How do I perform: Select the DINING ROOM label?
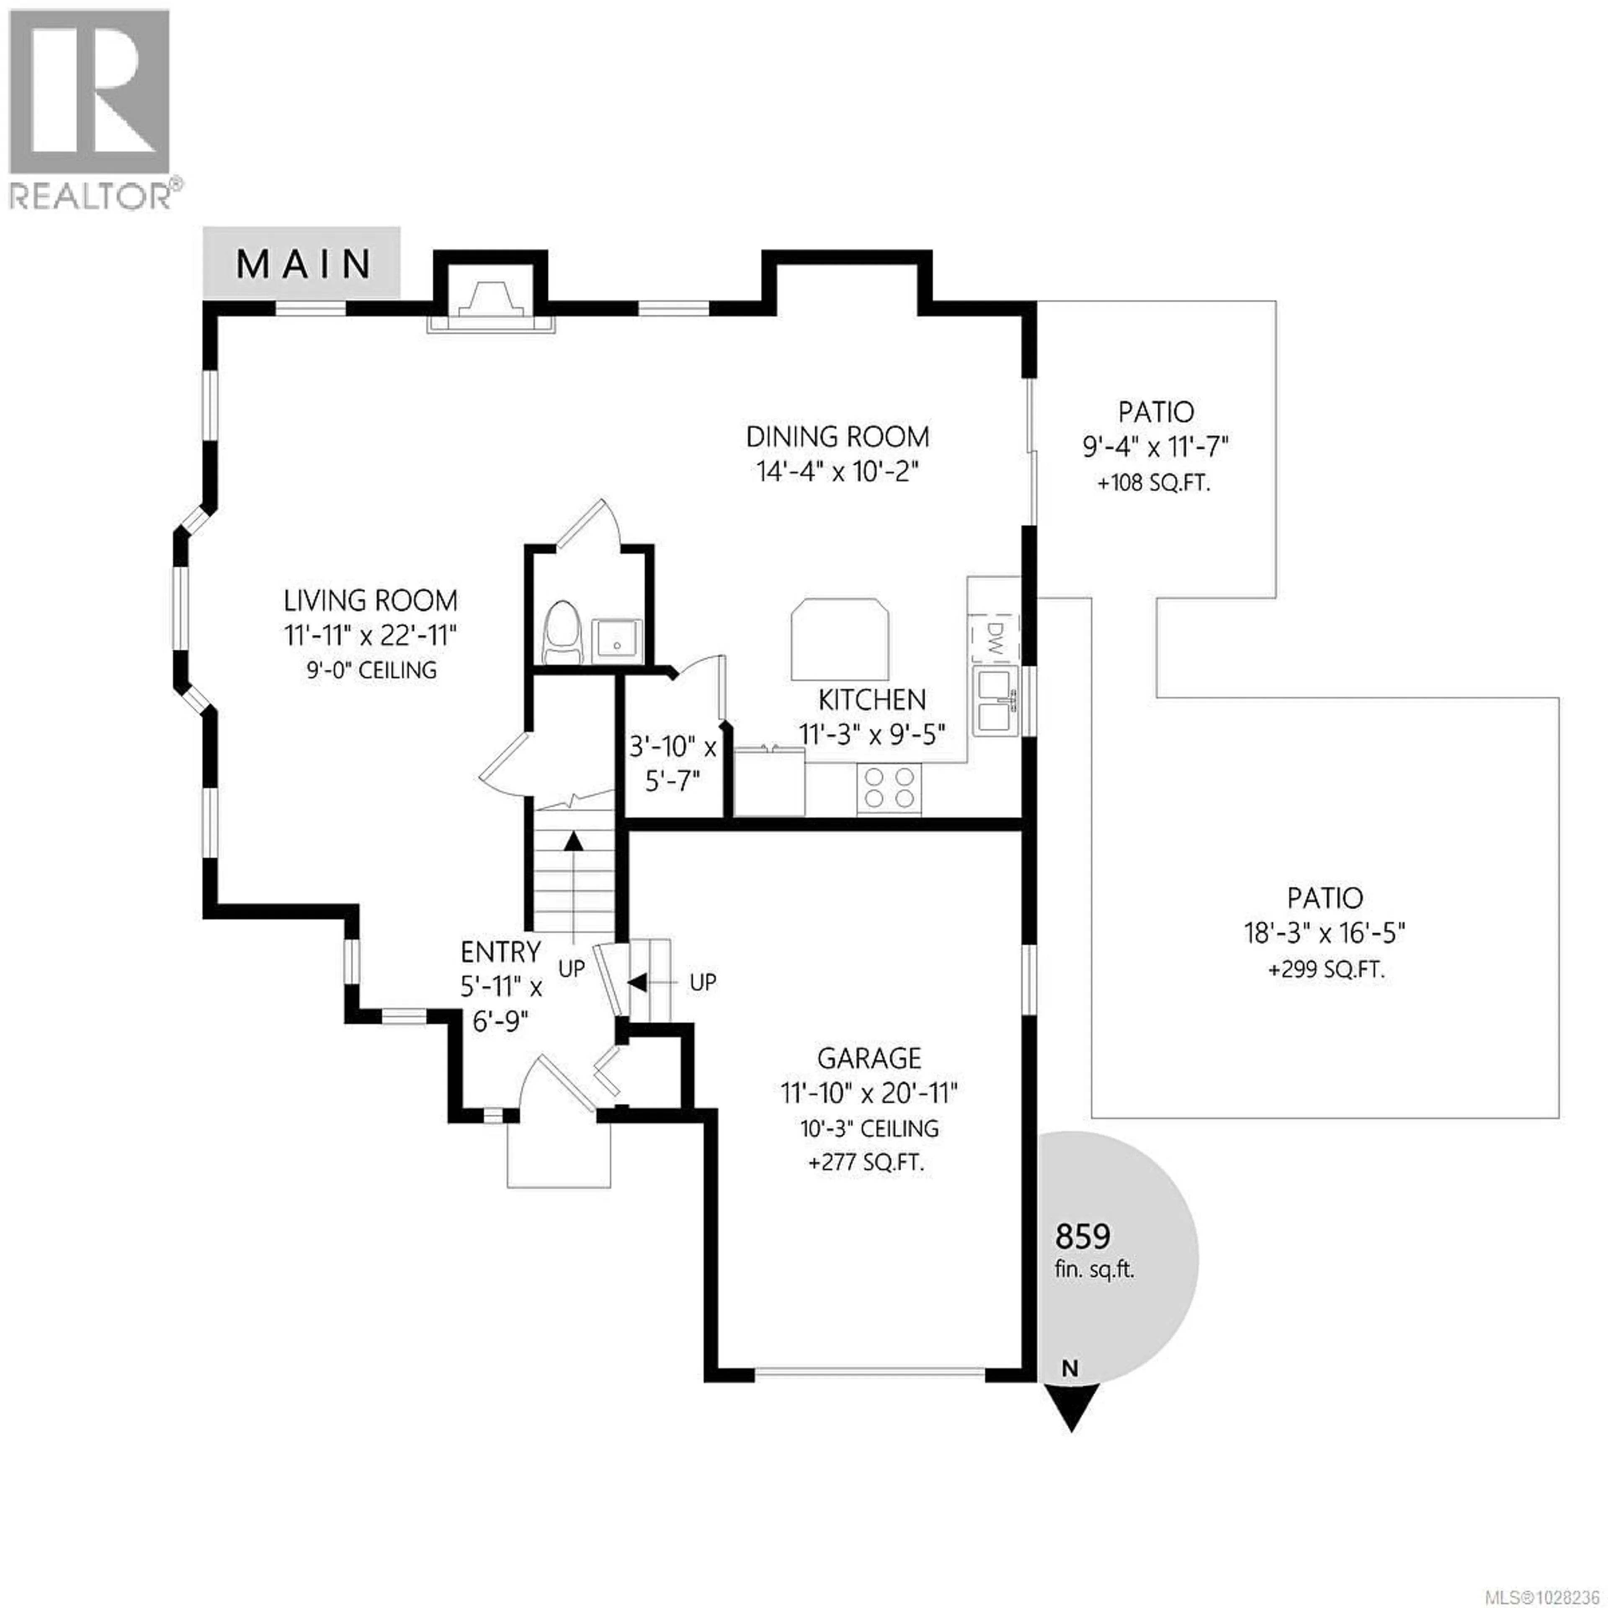click(x=837, y=437)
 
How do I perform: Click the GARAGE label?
click(x=869, y=1059)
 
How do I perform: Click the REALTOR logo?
click(x=92, y=108)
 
